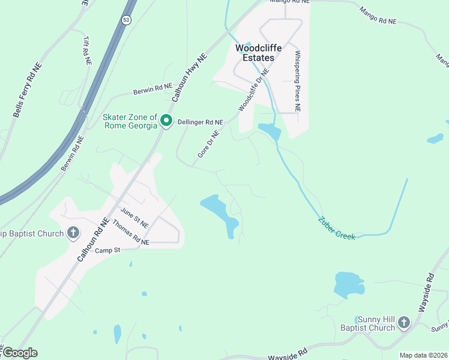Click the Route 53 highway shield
125,20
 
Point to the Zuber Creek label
337,228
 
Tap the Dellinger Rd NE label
200,122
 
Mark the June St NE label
134,214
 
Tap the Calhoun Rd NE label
92,239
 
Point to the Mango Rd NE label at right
378,16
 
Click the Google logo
20,353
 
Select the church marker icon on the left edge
73,233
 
